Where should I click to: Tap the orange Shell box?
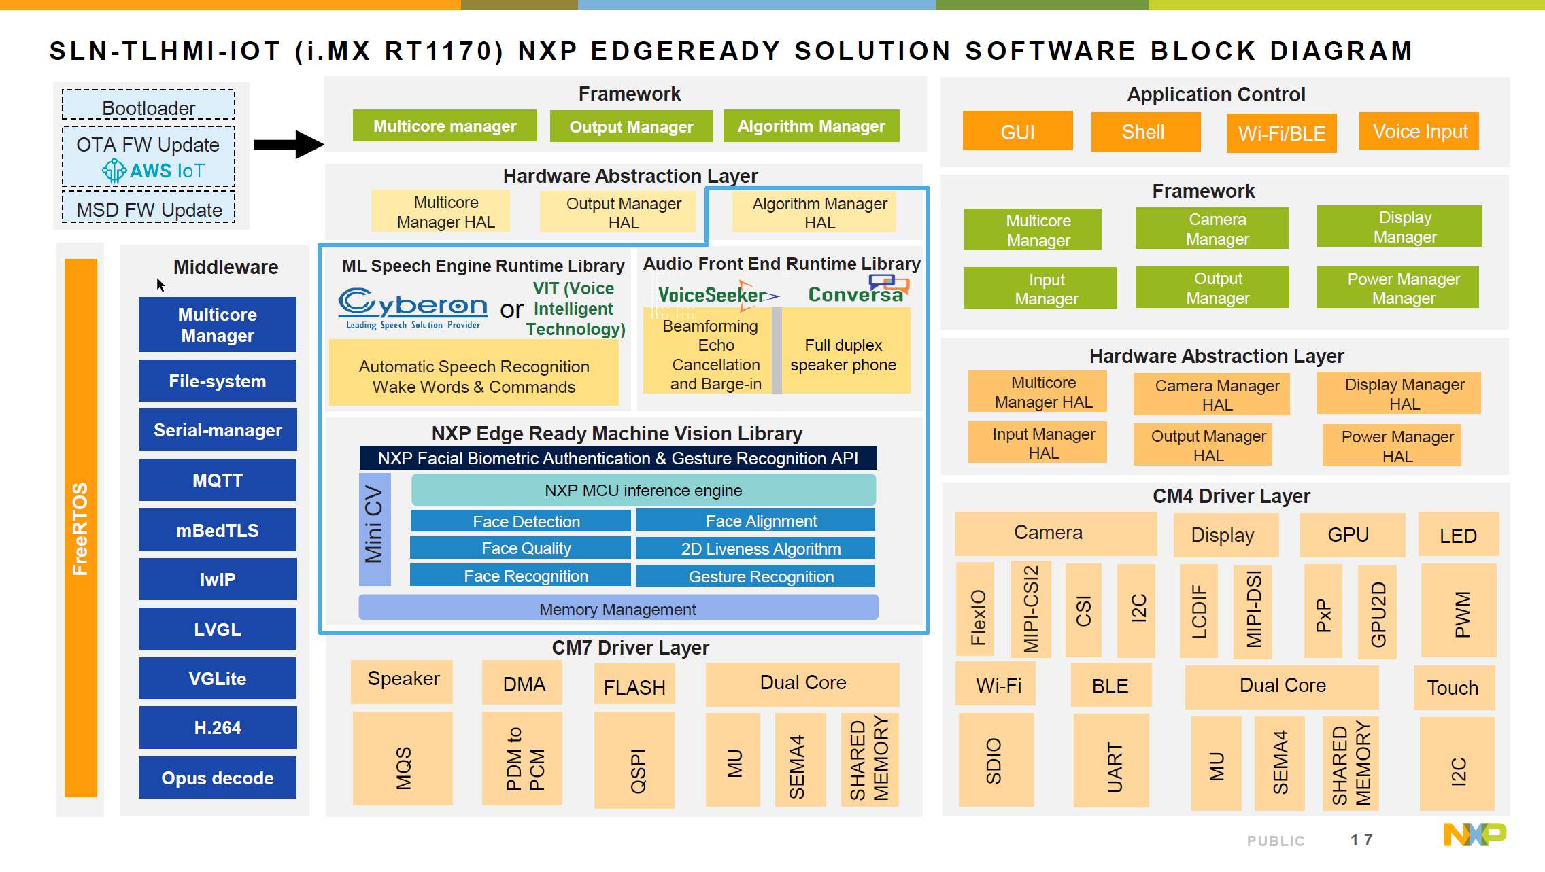tap(1145, 132)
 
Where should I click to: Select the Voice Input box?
tap(1419, 131)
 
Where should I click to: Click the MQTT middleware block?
tap(218, 480)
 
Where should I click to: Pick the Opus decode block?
tap(218, 778)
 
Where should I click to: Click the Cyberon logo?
tap(413, 307)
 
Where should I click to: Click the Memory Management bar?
tap(617, 608)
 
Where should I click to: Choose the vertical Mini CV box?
tap(374, 529)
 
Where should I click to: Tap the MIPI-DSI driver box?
tap(1253, 610)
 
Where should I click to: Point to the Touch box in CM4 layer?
tap(1453, 687)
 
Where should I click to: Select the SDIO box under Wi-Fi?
tap(996, 760)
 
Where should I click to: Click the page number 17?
tap(1361, 840)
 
